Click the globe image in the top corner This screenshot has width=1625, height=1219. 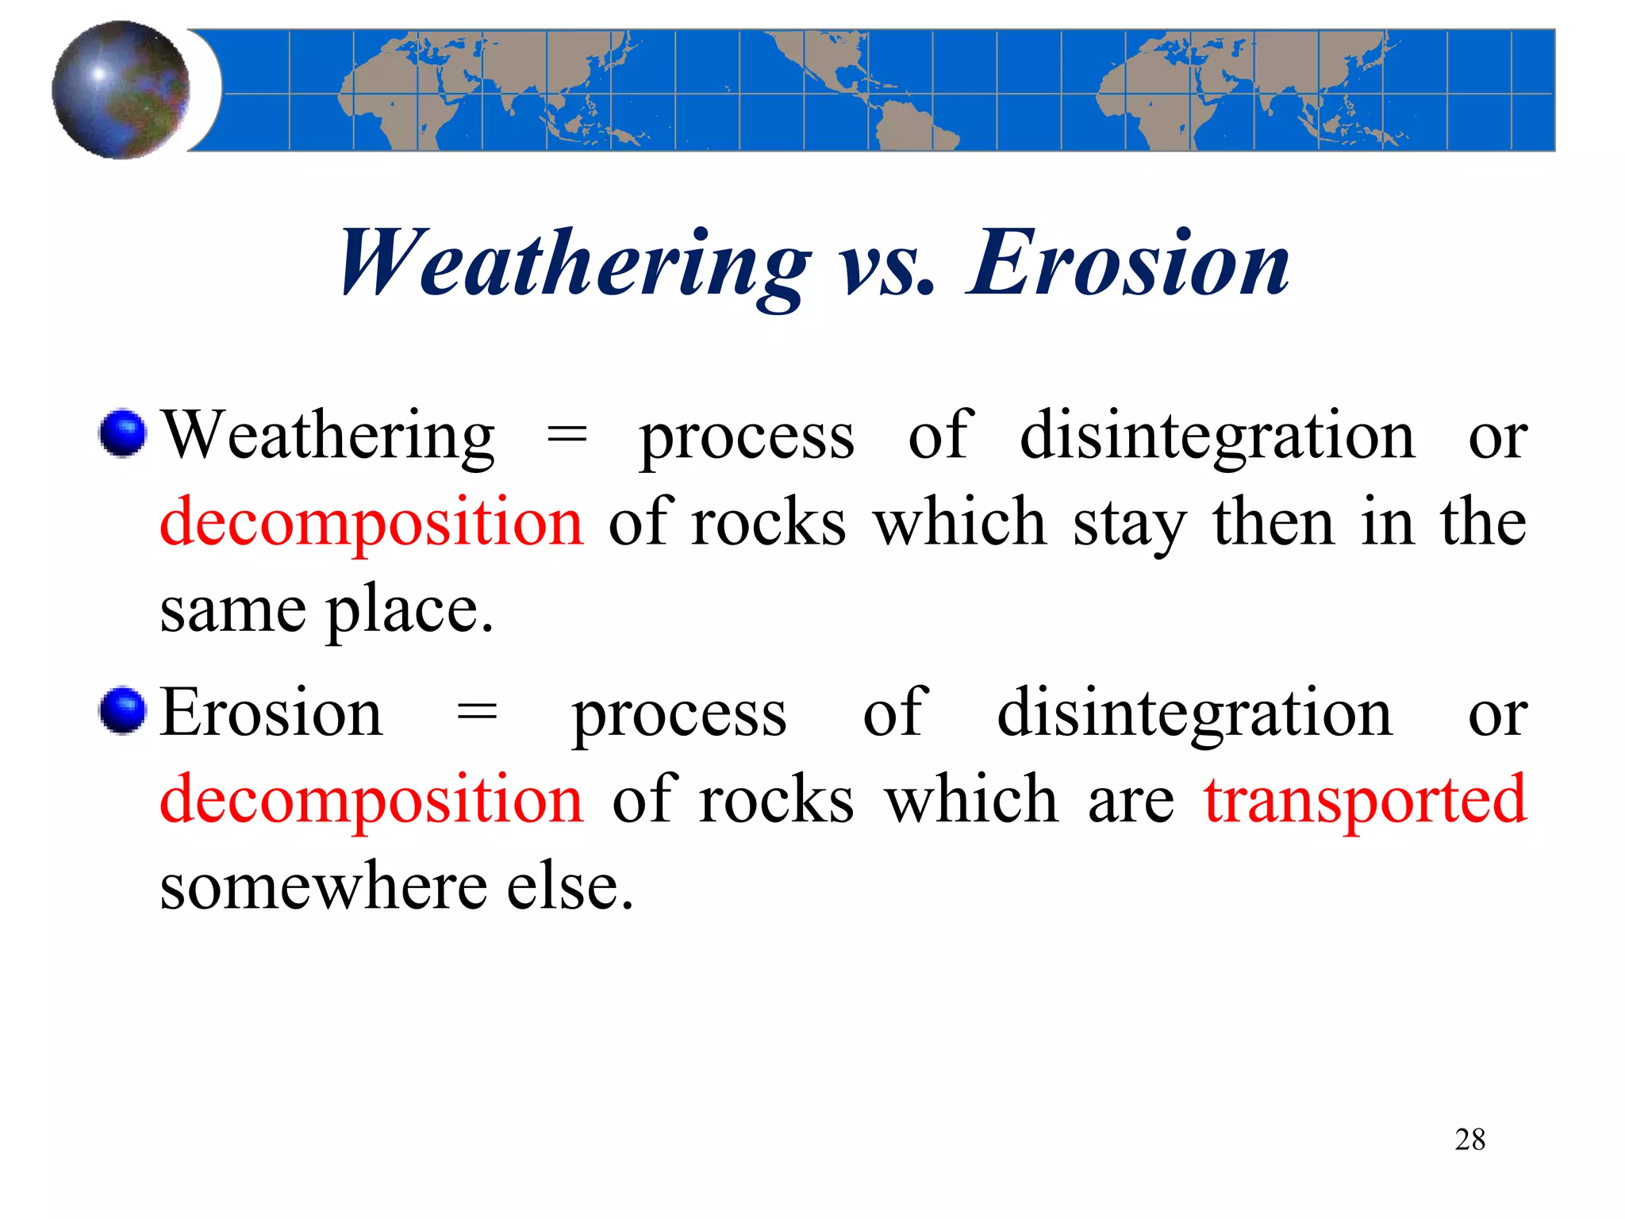(121, 90)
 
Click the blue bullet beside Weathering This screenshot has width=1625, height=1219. (123, 433)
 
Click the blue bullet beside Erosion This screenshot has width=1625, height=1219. (123, 710)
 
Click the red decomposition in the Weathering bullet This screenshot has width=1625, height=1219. (371, 522)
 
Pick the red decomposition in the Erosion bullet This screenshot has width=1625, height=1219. (371, 800)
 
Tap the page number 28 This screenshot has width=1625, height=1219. (1469, 1140)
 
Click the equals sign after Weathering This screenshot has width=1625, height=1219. (567, 436)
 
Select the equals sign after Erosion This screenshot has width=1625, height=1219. (477, 713)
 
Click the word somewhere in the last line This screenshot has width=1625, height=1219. (323, 886)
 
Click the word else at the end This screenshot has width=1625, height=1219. (570, 886)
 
